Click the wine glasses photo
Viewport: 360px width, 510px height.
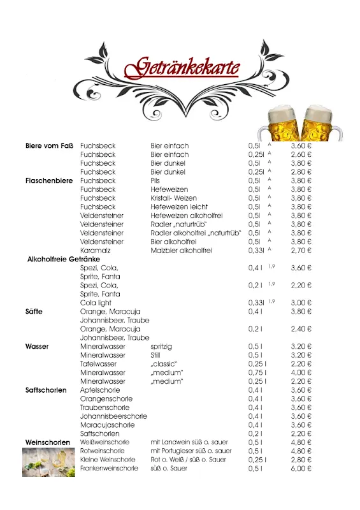[48, 462]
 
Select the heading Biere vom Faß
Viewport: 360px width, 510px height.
[50, 146]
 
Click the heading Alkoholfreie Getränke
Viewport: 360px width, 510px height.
[64, 259]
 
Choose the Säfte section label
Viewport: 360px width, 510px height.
[34, 312]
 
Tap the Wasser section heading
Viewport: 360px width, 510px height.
[37, 346]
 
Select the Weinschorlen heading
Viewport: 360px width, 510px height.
[48, 442]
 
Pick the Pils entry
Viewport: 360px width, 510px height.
[156, 180]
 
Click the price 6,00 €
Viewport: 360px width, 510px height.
[301, 469]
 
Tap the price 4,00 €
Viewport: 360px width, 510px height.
[301, 372]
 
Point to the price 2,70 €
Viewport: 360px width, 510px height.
[301, 251]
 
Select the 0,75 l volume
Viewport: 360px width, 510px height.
[257, 372]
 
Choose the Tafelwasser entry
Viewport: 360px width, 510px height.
[99, 363]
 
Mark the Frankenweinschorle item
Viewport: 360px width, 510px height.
[109, 469]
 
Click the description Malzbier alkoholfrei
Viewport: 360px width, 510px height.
[181, 251]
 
